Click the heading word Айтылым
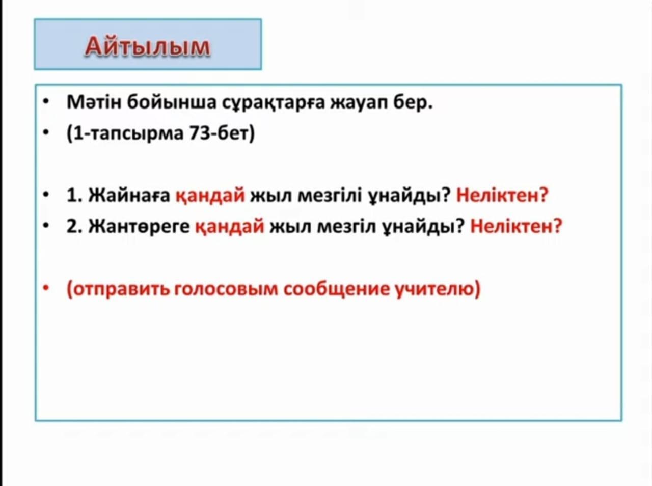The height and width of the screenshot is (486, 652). pos(148,47)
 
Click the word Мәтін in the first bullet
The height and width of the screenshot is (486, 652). pos(94,102)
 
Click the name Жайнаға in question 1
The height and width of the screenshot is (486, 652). pos(129,196)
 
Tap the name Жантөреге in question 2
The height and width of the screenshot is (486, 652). pos(139,226)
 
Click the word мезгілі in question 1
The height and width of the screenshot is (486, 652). pos(330,196)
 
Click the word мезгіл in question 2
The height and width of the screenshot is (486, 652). pos(346,226)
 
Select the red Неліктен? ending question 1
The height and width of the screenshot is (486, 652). pos(502,195)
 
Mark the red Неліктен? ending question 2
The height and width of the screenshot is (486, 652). pos(516,226)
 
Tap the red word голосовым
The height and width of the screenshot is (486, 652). pos(226,289)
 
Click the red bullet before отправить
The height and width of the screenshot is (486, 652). pos(46,288)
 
